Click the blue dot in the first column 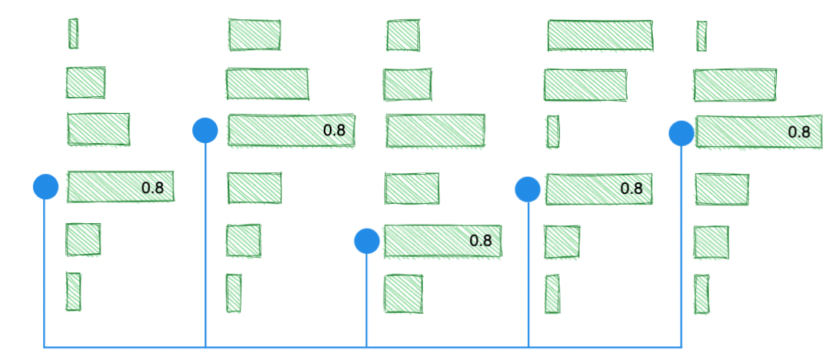[46, 186]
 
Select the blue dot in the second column [205, 130]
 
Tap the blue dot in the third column [366, 241]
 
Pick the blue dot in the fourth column [528, 188]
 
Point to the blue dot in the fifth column [681, 133]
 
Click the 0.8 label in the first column [152, 187]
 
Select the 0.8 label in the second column [335, 131]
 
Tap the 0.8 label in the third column [481, 241]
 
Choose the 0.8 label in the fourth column [631, 188]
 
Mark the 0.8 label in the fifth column [799, 132]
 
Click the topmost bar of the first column [73, 33]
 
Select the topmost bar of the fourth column [600, 35]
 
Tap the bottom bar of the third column [404, 293]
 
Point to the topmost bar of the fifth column [701, 36]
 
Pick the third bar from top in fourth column [553, 131]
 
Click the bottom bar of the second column [234, 293]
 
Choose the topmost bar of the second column [255, 35]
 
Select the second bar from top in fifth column [734, 85]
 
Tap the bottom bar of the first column [73, 292]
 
